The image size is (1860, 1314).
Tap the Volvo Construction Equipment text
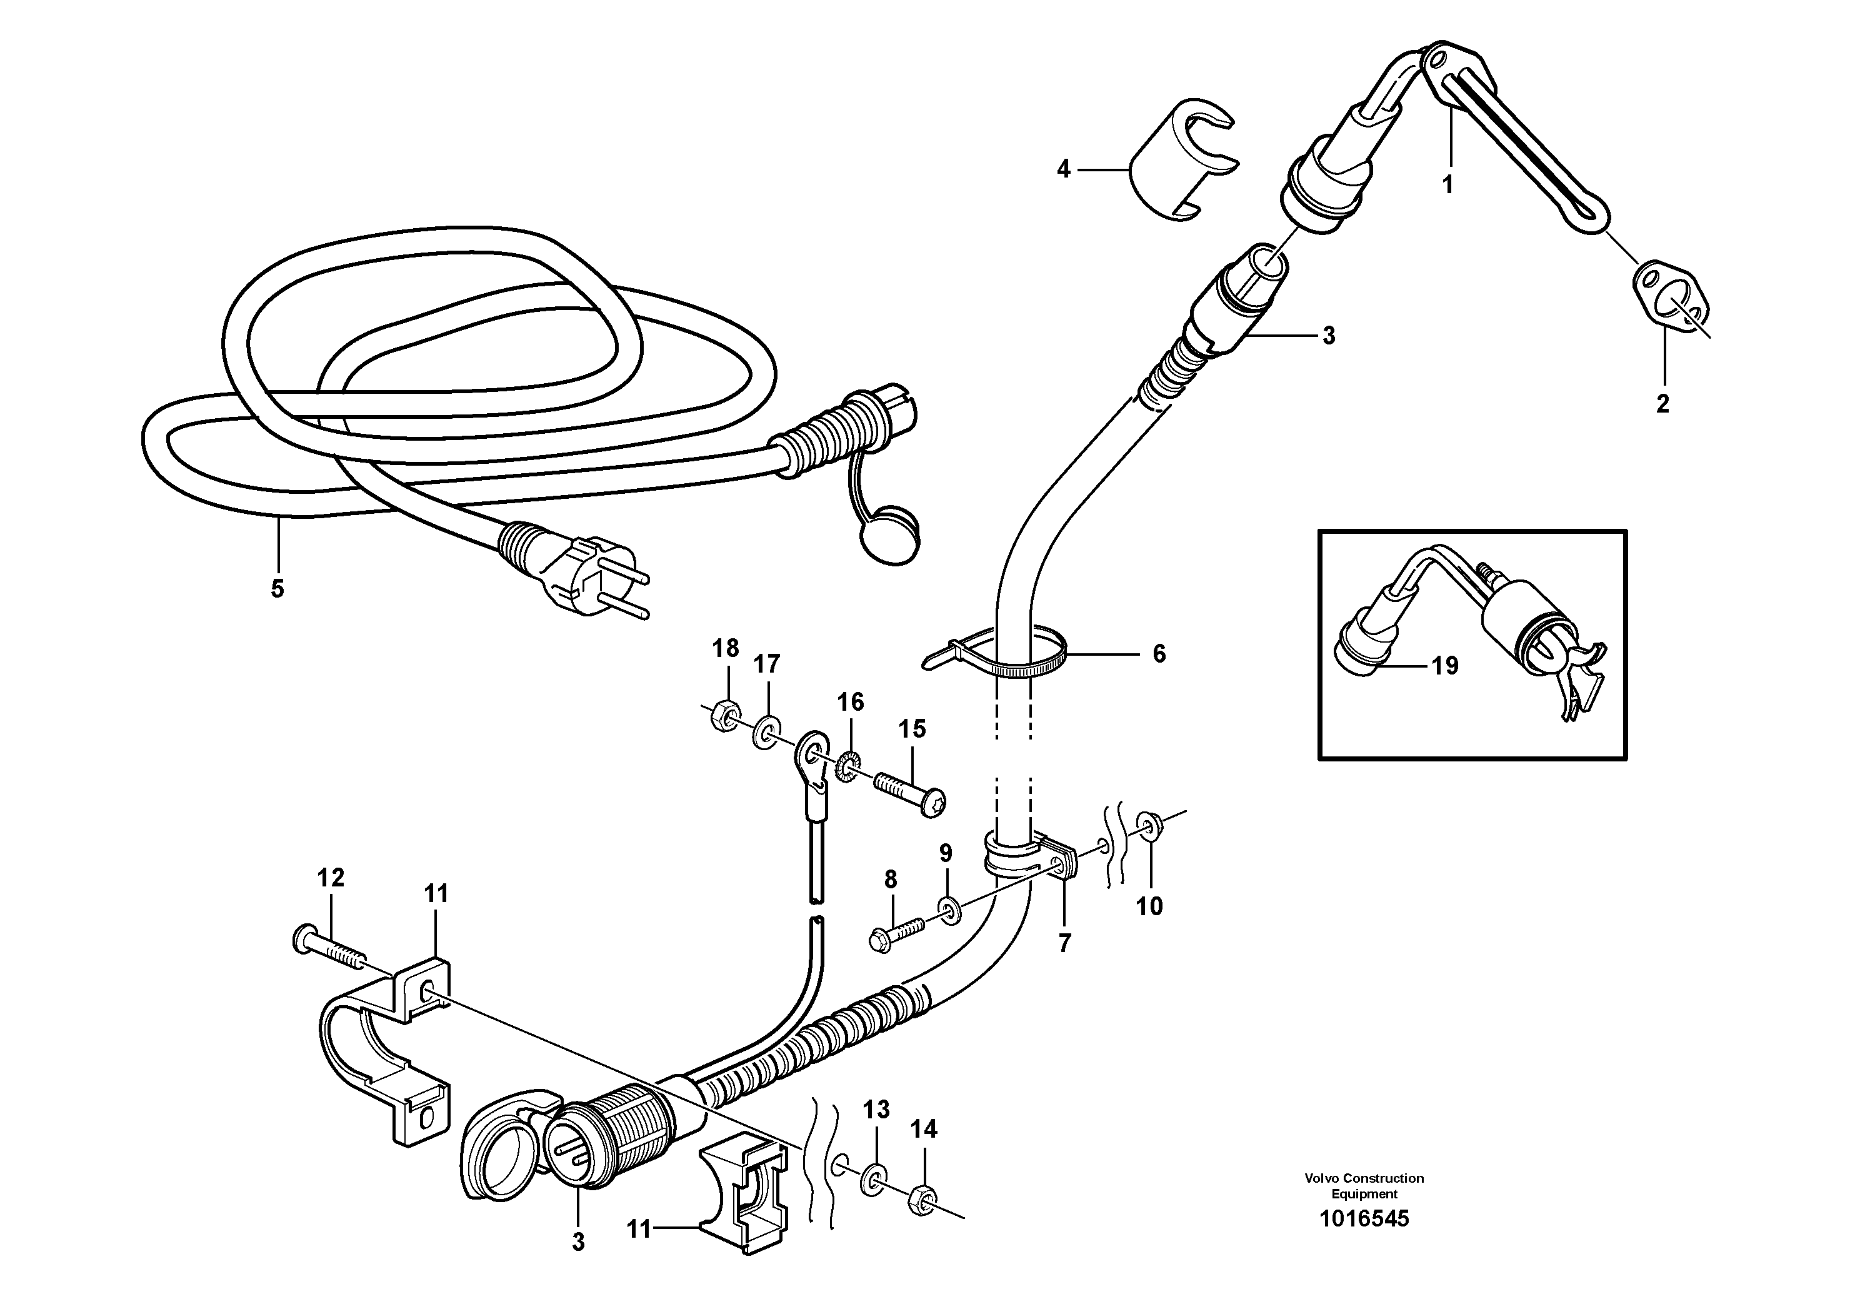tap(1364, 1185)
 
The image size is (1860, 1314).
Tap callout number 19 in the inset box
tap(1444, 666)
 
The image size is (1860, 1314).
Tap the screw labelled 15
tap(911, 794)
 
